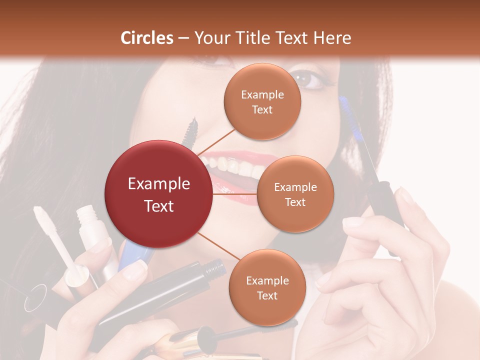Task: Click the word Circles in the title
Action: pos(147,38)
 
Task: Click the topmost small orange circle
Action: pos(262,101)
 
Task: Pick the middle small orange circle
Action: pos(295,194)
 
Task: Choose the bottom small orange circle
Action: pos(267,287)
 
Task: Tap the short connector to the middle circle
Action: pos(235,194)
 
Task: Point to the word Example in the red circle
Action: pos(159,184)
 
